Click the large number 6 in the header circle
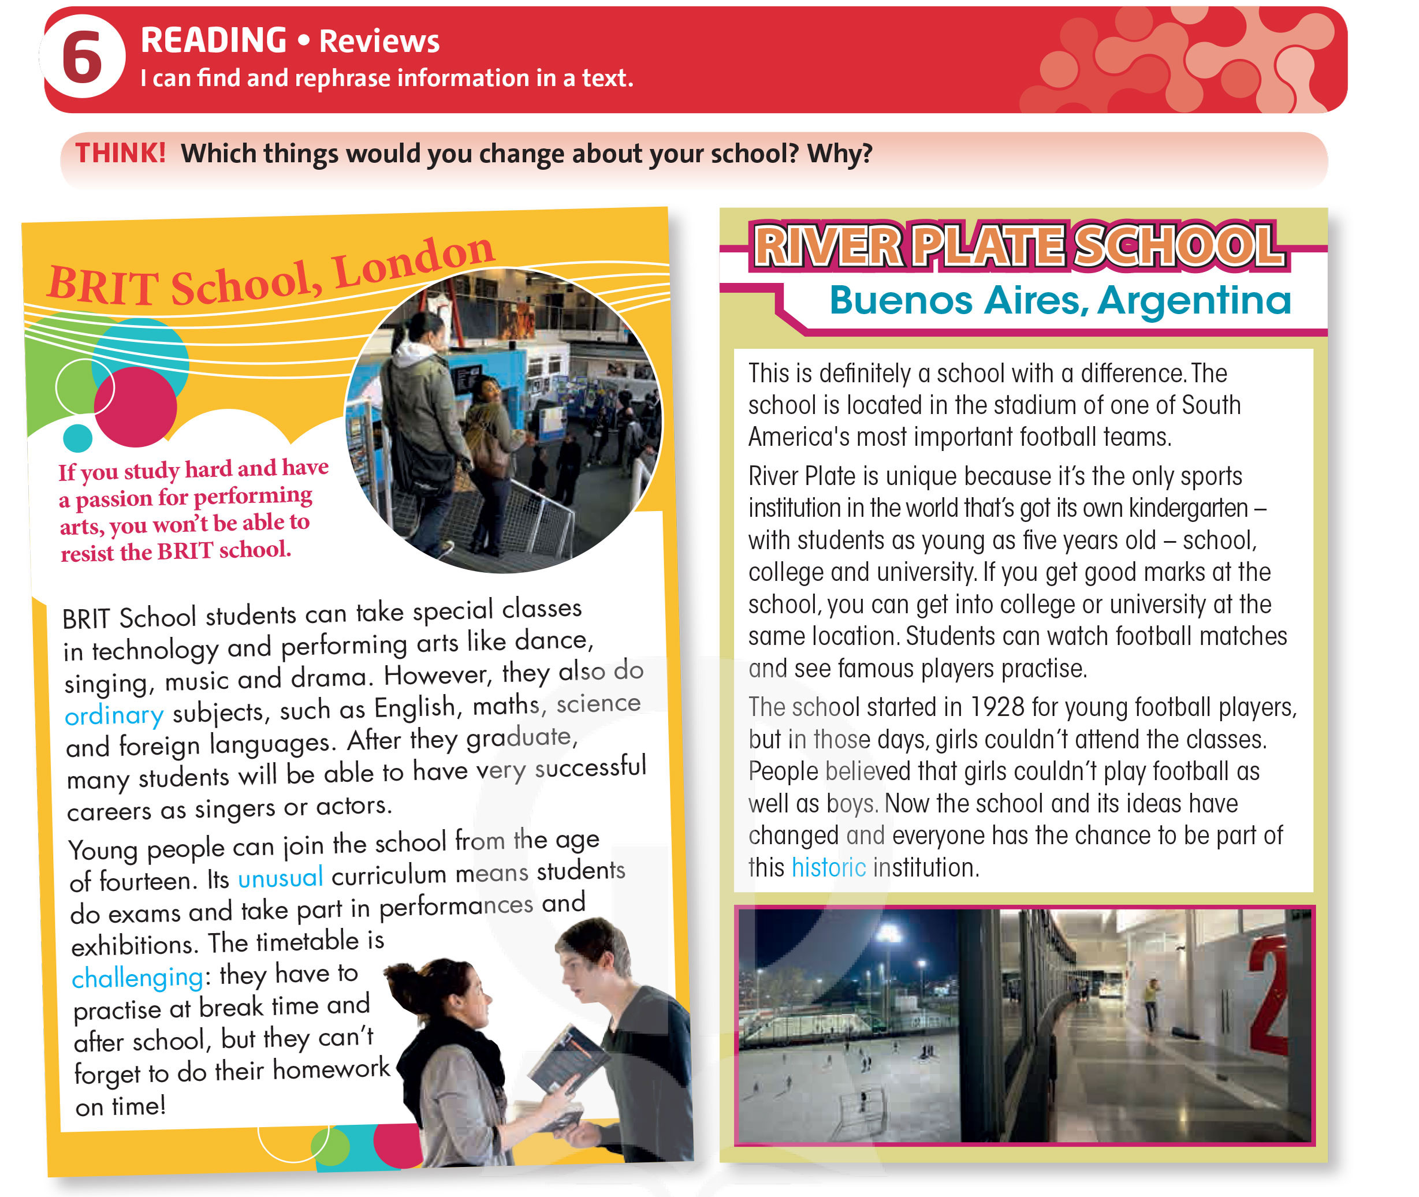coord(82,58)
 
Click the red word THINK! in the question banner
coord(120,154)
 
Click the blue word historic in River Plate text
coord(828,868)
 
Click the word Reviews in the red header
coord(379,42)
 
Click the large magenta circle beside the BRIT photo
coord(135,407)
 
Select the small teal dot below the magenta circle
coord(77,438)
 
